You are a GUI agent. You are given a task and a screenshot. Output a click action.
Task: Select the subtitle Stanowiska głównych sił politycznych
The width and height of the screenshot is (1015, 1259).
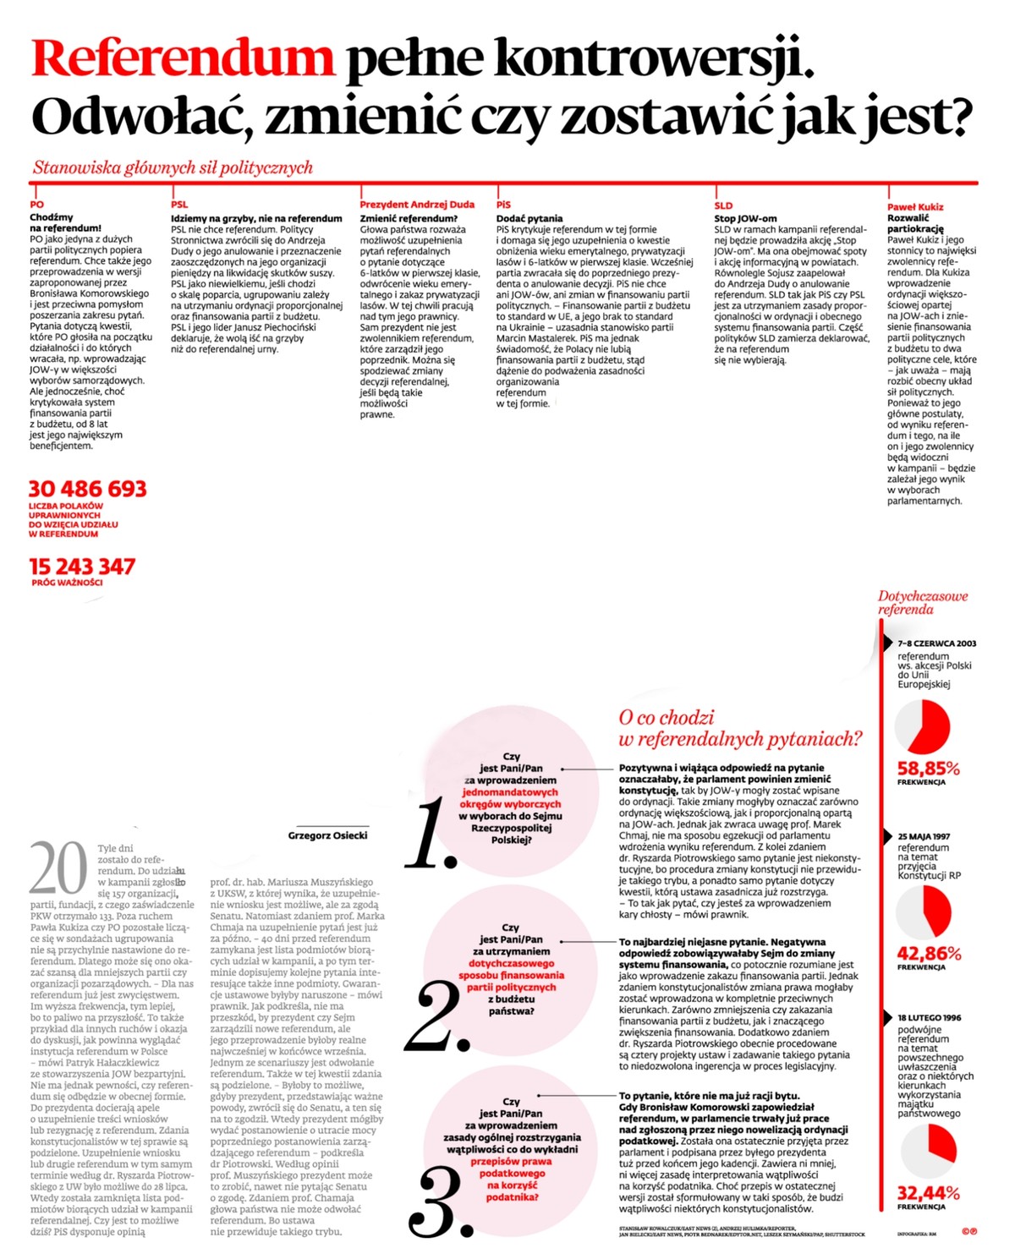[x=173, y=167]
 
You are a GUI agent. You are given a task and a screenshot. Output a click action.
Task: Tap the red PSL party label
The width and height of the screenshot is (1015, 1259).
[x=179, y=205]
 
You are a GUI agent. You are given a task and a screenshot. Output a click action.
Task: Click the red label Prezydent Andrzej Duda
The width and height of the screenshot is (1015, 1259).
[x=417, y=205]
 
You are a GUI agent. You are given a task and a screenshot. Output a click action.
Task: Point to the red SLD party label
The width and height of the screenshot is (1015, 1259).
[x=723, y=205]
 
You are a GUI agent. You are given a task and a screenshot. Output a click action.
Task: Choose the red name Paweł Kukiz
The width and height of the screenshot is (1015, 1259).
[x=915, y=207]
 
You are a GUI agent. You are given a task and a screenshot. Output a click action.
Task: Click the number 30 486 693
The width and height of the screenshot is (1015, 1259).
[x=88, y=489]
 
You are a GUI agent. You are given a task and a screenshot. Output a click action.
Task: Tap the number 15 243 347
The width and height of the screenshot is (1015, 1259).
[x=82, y=567]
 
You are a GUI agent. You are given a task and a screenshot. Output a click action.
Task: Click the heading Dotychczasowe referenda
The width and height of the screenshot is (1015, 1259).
[x=922, y=602]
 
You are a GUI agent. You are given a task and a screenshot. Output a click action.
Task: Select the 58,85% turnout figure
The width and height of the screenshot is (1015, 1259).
[x=928, y=769]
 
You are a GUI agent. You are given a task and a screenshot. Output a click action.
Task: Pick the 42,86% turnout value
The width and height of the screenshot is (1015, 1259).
[x=929, y=954]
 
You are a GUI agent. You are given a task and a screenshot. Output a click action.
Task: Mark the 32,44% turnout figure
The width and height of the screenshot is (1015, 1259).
[x=928, y=1193]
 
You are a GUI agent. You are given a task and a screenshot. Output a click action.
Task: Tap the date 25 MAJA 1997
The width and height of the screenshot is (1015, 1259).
[x=924, y=836]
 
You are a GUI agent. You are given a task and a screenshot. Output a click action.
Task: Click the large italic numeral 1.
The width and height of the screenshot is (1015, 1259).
[x=432, y=834]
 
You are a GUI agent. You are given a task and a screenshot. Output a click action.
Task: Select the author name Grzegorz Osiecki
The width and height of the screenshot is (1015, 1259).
[x=327, y=835]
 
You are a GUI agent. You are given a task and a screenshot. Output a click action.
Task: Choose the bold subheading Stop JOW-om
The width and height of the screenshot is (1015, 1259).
[x=745, y=218]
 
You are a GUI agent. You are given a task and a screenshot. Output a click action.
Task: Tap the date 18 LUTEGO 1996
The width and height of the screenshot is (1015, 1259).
[x=930, y=1018]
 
